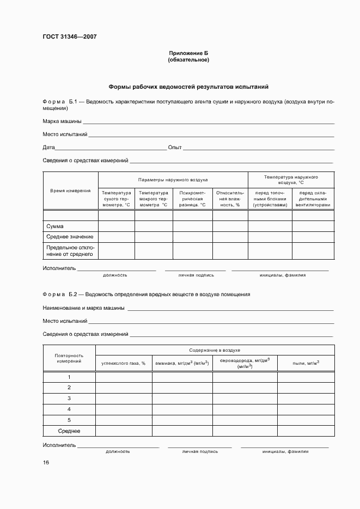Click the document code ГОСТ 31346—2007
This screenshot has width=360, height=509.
[70, 37]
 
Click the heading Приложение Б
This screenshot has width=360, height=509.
[188, 53]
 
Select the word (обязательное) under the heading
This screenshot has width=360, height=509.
[188, 60]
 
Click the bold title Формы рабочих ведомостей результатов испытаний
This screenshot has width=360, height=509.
[188, 87]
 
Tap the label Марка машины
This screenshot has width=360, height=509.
[62, 121]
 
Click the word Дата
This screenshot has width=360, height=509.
[48, 148]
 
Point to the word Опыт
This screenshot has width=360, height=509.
[175, 148]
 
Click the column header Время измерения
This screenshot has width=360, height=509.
[70, 191]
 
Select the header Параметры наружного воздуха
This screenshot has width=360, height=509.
[173, 179]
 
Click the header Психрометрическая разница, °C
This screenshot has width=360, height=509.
[192, 199]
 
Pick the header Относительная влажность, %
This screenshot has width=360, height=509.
[230, 199]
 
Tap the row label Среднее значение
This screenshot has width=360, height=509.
[70, 237]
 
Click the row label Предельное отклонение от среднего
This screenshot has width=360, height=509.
[70, 250]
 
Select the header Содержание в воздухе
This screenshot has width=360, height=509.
[215, 351]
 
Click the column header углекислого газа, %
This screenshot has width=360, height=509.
[124, 363]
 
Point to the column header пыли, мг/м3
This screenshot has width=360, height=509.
[306, 363]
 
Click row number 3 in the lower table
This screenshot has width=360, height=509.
[69, 398]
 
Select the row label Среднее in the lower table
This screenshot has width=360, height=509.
[69, 431]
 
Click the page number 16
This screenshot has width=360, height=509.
[46, 463]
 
